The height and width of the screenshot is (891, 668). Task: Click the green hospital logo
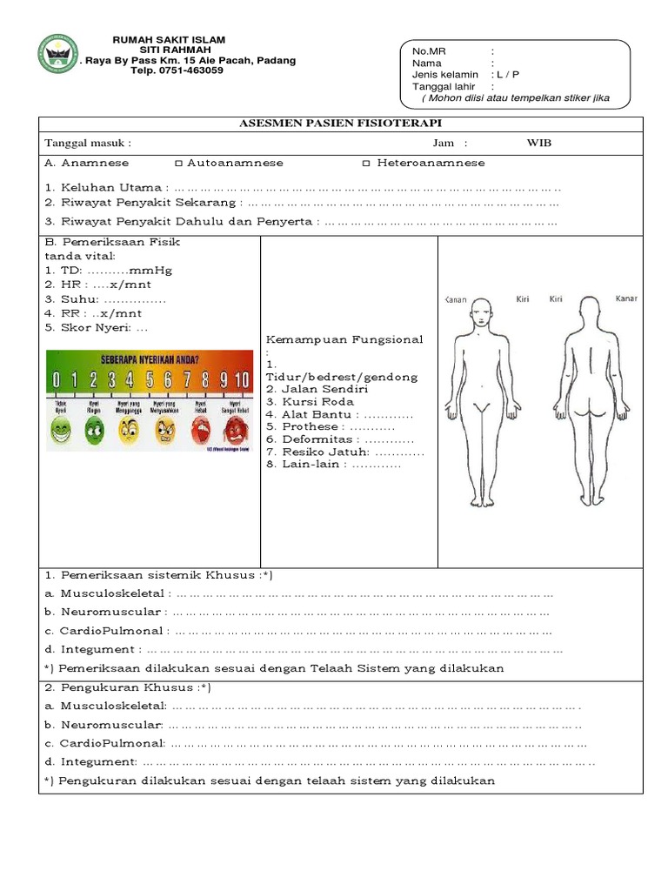click(58, 55)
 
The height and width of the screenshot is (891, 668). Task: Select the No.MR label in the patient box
click(427, 51)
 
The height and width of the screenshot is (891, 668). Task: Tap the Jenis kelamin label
click(444, 75)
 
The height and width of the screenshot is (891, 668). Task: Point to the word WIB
click(539, 143)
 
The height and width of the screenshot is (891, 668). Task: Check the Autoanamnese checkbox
click(178, 163)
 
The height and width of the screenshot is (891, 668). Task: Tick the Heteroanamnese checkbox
click(366, 163)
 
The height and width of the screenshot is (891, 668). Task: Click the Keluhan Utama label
click(104, 187)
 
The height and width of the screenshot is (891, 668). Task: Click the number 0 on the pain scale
click(56, 380)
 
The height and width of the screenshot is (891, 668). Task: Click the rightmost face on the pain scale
click(234, 428)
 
